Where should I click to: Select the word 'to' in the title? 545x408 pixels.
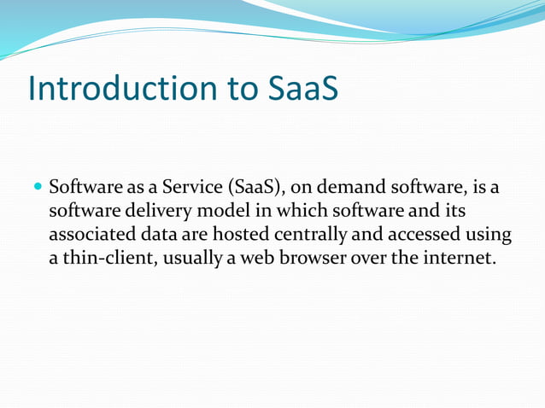(237, 89)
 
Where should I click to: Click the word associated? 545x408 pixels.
(93, 234)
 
